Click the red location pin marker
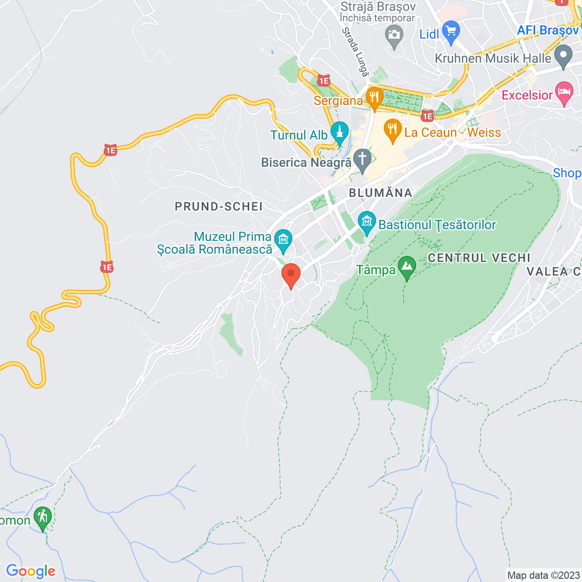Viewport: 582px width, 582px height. click(291, 275)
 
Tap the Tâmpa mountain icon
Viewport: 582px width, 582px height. click(406, 267)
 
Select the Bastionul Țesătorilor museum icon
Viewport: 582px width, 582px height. click(366, 222)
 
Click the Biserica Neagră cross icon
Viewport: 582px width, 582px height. click(362, 160)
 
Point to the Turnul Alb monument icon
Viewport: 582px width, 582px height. click(339, 132)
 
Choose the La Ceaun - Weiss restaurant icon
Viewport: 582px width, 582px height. click(392, 130)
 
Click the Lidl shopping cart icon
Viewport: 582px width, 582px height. click(451, 31)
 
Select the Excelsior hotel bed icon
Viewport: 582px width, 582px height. click(564, 92)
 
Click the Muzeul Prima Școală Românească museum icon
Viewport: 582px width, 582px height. click(283, 239)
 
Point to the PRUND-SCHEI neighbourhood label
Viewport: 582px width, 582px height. click(219, 206)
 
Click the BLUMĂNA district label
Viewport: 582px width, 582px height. click(380, 193)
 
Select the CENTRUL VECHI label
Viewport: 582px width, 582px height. click(479, 258)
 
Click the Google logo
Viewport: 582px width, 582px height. click(30, 571)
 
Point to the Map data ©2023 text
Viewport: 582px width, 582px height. click(543, 575)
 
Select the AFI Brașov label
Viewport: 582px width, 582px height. click(547, 30)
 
